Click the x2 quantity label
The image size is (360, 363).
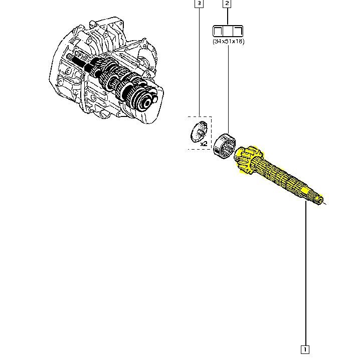(204, 144)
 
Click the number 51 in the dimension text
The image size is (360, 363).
(228, 41)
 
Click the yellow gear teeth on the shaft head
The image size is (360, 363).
(247, 160)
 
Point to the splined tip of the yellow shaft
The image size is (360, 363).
(318, 198)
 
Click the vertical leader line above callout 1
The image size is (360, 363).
(305, 276)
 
